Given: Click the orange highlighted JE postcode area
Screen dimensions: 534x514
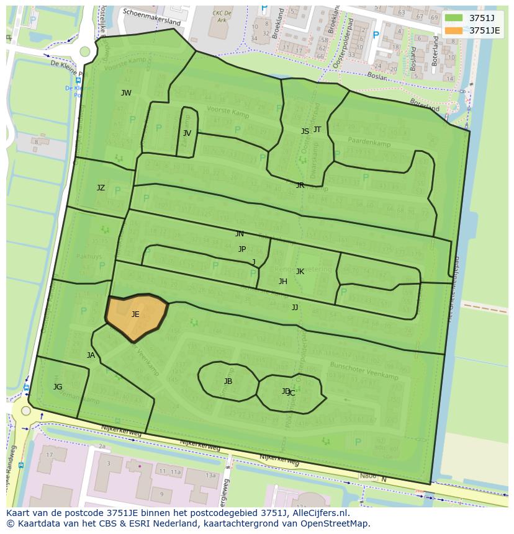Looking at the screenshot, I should click(x=137, y=316).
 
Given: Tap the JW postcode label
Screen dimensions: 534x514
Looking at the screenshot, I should click(x=126, y=93).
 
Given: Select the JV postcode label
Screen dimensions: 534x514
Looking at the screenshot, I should click(x=187, y=133).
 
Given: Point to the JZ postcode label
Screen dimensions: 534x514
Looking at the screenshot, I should click(x=101, y=188).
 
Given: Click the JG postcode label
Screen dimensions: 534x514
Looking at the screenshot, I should click(x=58, y=387).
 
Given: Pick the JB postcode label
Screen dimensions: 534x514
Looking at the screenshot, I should click(x=228, y=381).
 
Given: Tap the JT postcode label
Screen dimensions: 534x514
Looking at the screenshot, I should click(x=317, y=130).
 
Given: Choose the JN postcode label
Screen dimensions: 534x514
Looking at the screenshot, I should click(x=240, y=234).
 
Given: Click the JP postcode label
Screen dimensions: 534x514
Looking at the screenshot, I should click(x=242, y=249).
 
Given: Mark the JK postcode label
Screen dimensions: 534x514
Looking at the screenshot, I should click(x=300, y=272).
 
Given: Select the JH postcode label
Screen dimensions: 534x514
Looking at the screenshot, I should click(x=283, y=282).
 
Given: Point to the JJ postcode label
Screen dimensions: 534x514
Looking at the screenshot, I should click(x=295, y=308).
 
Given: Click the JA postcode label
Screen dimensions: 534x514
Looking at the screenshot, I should click(x=91, y=355).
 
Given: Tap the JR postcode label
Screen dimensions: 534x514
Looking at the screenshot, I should click(x=300, y=185).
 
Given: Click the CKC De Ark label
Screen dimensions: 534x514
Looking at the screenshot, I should click(x=221, y=16).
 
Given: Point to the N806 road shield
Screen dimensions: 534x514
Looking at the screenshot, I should click(x=368, y=476).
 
